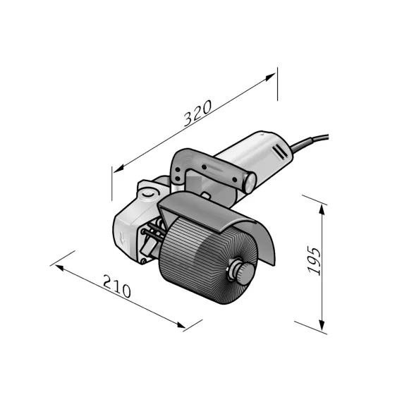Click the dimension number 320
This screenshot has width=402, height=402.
click(197, 113)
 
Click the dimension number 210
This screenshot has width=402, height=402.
click(117, 286)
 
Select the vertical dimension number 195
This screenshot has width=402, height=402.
click(314, 260)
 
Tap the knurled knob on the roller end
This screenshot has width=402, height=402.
click(244, 274)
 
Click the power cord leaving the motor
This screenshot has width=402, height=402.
click(309, 142)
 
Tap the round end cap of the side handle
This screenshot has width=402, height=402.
click(250, 183)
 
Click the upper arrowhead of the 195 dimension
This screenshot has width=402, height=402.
click(322, 209)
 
